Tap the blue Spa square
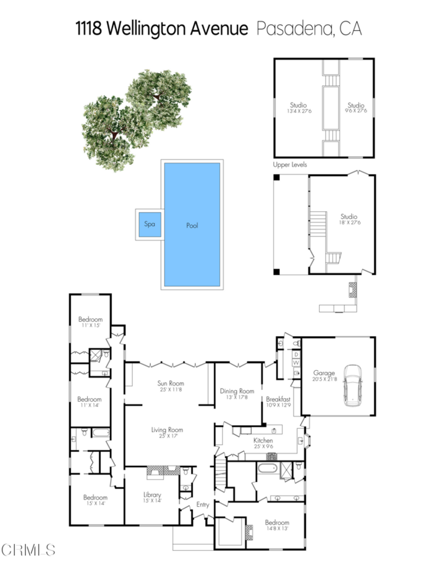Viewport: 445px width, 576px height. (x=150, y=224)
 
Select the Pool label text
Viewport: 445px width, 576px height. (x=192, y=226)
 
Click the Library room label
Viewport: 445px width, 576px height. (x=152, y=495)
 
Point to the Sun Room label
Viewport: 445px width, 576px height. (x=172, y=384)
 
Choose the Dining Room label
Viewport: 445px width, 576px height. (x=237, y=391)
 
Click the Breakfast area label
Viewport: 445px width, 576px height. (x=278, y=399)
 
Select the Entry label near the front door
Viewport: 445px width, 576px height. (x=203, y=505)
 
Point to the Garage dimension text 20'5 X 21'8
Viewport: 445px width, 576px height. (x=324, y=379)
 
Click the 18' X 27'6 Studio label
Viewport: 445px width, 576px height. (x=349, y=222)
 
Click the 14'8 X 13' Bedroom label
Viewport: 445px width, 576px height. (x=277, y=528)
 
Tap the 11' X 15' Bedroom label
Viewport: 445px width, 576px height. (x=90, y=325)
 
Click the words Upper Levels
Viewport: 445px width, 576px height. (x=290, y=165)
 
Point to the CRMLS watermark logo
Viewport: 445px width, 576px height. (x=28, y=549)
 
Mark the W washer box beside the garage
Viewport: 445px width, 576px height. (x=295, y=363)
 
